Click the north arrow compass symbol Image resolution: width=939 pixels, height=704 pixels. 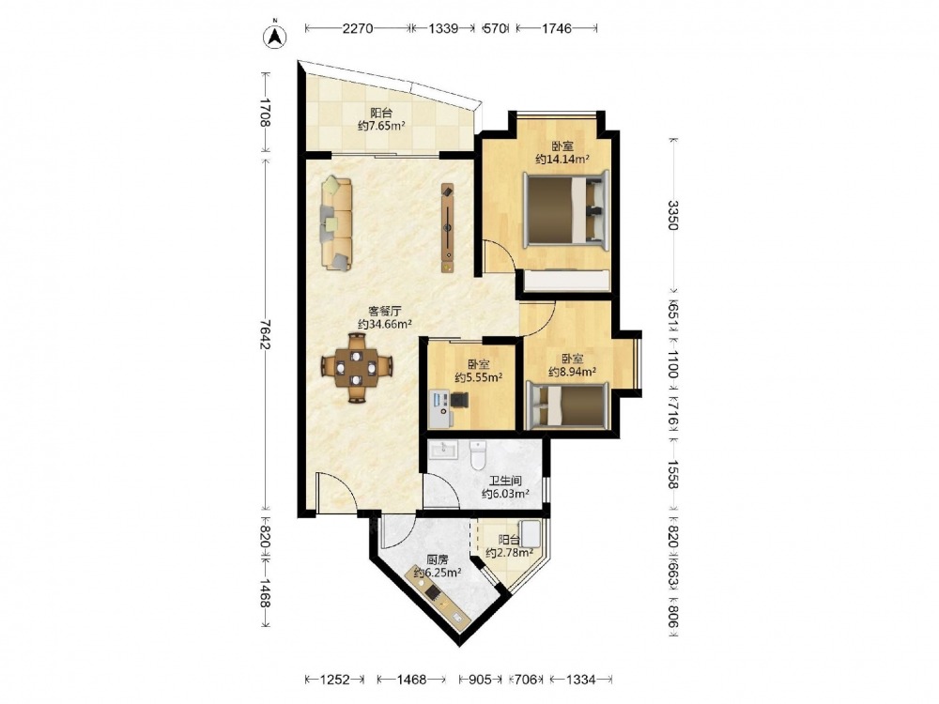click(x=275, y=36)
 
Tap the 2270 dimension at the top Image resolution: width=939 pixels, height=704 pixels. click(x=358, y=28)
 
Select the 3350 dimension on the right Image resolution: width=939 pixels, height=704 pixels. click(x=673, y=215)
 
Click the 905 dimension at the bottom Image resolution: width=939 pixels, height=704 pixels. click(x=480, y=680)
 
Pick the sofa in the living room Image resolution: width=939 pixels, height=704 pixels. click(x=336, y=223)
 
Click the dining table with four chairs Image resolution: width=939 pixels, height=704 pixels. click(x=356, y=368)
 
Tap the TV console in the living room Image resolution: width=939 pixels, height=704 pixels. click(x=448, y=228)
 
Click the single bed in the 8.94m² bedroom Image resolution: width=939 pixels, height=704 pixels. click(x=567, y=406)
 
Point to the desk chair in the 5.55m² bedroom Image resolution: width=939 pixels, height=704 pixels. click(x=459, y=400)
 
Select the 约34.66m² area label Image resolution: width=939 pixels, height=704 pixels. click(x=384, y=325)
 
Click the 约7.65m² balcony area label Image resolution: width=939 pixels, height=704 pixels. click(x=381, y=126)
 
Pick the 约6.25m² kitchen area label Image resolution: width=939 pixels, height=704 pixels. click(x=438, y=573)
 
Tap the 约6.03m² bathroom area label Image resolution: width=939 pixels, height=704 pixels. click(x=505, y=494)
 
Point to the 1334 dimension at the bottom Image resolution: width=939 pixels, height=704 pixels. click(x=581, y=680)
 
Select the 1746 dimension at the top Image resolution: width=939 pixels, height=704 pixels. click(x=557, y=28)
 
